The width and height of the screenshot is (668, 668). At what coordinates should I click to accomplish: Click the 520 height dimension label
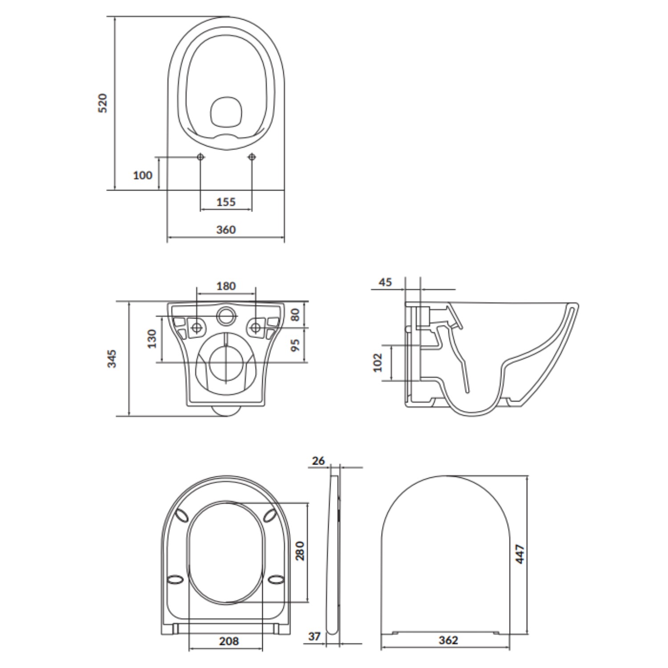pos(103,103)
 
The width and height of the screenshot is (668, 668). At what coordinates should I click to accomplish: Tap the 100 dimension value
pos(143,175)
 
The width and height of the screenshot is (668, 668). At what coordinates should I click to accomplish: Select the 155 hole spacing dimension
pos(226,202)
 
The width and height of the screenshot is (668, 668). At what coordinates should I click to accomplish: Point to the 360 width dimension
pos(226,230)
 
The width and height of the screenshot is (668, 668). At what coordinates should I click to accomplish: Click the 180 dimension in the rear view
pos(226,286)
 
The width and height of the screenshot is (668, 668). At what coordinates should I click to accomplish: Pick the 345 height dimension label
pos(112,358)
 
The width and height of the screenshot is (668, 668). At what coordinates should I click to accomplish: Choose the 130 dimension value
pos(152,338)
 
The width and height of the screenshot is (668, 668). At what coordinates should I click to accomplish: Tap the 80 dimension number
pos(295,315)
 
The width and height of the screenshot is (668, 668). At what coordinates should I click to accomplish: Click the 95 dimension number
pos(295,345)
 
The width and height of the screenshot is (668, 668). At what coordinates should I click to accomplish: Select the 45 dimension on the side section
pos(385,282)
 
